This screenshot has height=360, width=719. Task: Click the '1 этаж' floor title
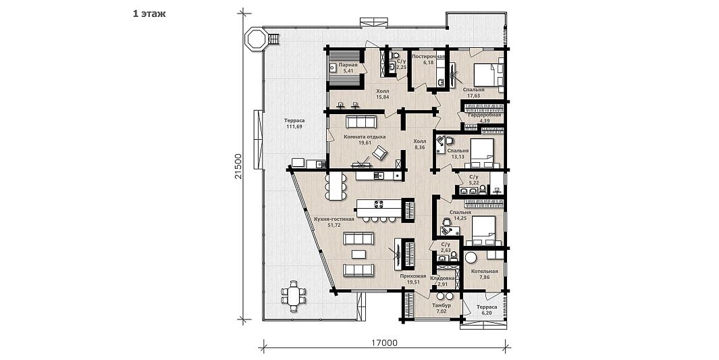[149, 14]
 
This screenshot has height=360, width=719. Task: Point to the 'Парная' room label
[348, 65]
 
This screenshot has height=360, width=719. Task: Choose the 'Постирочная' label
[429, 57]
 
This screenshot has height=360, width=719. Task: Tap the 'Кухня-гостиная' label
[334, 220]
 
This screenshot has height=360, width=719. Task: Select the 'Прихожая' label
[413, 276]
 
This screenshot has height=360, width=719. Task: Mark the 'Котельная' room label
[485, 272]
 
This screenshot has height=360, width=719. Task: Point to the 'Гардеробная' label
[484, 115]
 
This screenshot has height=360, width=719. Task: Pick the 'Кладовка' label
[442, 278]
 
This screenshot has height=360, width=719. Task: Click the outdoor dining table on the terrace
[293, 294]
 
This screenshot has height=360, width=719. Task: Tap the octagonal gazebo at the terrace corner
[255, 38]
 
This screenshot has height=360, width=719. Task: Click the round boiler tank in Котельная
[471, 258]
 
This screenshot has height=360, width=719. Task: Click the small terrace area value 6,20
[487, 313]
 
